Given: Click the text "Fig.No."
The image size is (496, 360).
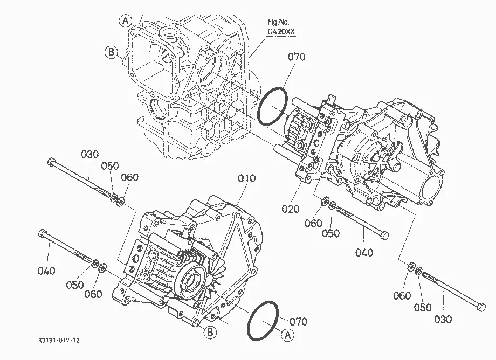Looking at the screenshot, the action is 278,22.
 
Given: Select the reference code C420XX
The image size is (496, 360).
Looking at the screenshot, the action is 281,32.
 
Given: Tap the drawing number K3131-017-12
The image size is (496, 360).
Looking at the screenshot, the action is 59,341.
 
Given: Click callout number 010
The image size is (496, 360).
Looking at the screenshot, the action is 247,178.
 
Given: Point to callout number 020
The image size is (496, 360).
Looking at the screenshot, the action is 291,209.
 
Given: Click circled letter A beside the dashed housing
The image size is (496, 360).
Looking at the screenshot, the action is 126,21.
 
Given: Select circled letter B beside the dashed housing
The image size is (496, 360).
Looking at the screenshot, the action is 111,52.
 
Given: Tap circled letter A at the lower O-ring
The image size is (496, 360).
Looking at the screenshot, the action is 287,335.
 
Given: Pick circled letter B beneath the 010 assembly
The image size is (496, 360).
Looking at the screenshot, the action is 210,333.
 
